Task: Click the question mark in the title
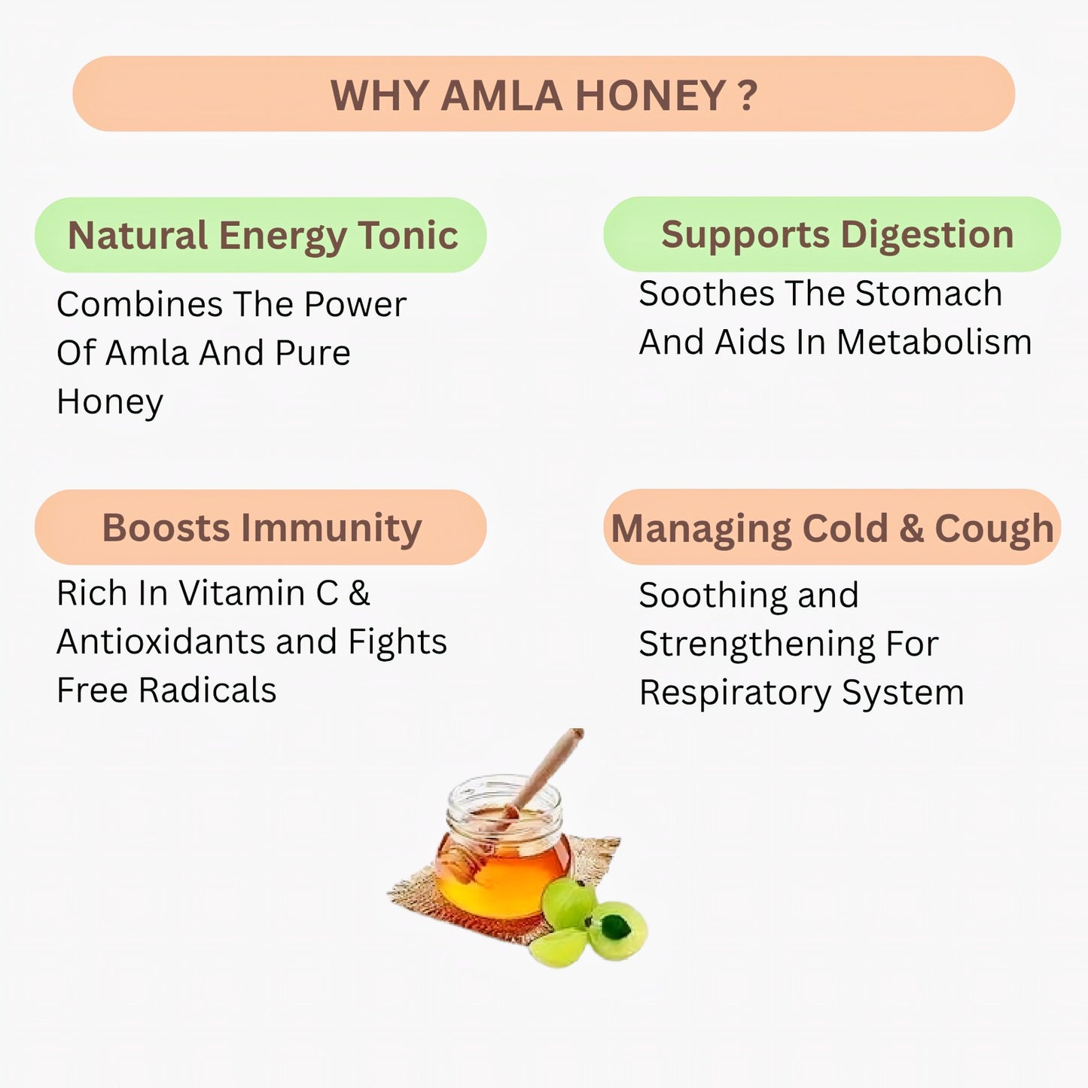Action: coord(747,96)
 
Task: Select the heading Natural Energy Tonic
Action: coord(263,236)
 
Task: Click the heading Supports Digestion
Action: coord(837,234)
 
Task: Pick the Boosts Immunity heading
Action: coord(261,527)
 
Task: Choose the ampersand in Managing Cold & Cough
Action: coord(911,528)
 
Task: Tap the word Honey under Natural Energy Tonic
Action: coord(110,402)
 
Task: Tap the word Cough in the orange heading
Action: coord(993,529)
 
